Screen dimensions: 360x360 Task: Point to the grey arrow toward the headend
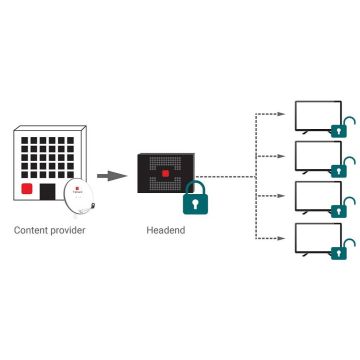[117, 176]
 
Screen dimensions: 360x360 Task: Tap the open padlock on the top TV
[341, 128]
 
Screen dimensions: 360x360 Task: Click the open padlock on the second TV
[341, 169]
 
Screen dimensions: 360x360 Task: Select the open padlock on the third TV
[341, 210]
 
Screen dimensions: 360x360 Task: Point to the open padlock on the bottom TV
[341, 251]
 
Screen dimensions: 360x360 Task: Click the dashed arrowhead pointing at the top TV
[283, 115]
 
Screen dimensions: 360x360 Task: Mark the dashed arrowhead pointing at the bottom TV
[283, 239]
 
